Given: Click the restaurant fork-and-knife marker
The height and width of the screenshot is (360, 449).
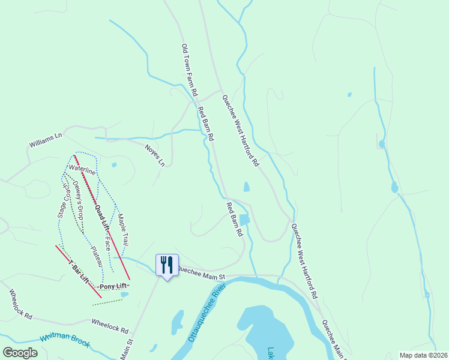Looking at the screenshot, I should (x=167, y=265).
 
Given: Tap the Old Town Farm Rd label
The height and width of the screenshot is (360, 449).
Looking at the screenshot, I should (x=189, y=71).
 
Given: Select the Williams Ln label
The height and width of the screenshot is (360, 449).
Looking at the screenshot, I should (x=46, y=141).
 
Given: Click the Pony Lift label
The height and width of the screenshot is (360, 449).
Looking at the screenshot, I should (x=114, y=286).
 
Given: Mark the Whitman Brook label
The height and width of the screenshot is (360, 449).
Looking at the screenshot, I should (x=64, y=340).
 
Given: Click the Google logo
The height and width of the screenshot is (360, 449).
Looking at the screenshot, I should (x=20, y=353).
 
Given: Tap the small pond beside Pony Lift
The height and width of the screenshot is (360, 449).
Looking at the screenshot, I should (x=124, y=295).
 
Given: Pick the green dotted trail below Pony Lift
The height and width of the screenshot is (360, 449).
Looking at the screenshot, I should (x=107, y=302).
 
